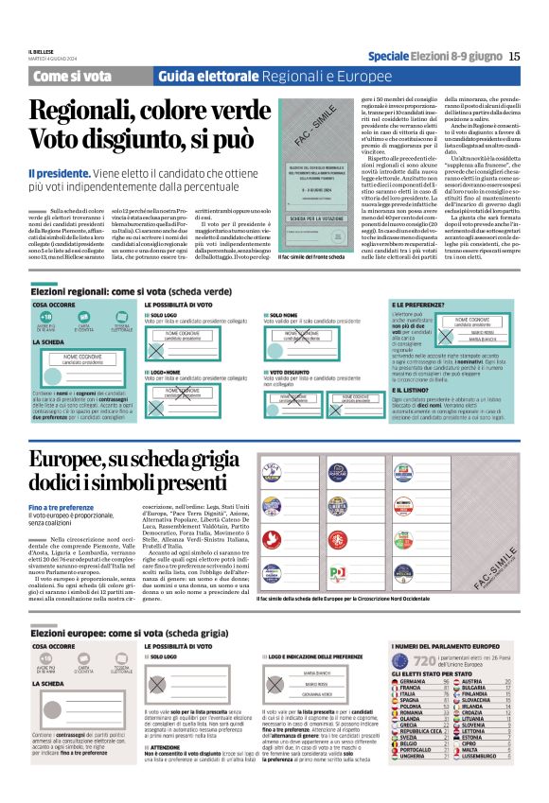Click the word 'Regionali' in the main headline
[88, 112]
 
